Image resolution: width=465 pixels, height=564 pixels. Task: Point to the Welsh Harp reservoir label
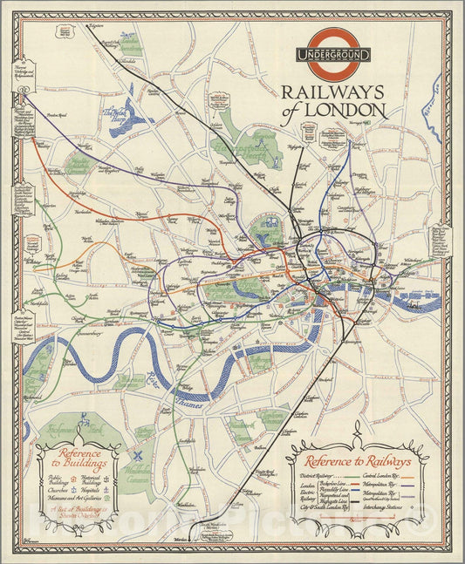[116, 113]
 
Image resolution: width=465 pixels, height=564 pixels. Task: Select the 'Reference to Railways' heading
[359, 461]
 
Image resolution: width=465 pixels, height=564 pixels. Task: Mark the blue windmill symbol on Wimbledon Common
[137, 454]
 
